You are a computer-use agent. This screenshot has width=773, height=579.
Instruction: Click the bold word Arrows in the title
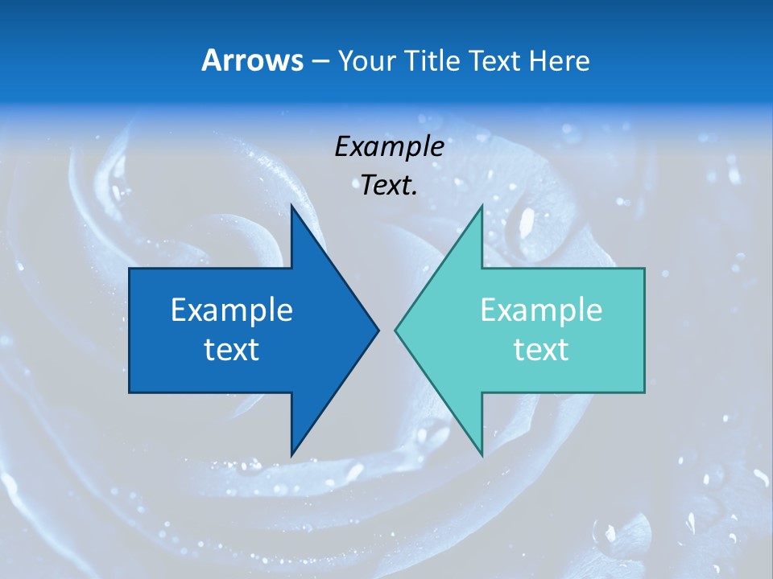click(252, 60)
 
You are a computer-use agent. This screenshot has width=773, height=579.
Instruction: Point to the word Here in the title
click(560, 60)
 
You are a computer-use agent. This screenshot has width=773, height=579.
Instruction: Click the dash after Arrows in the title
click(320, 61)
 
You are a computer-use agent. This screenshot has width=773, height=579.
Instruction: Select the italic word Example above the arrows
click(389, 146)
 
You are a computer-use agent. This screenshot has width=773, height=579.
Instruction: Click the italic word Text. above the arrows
click(389, 185)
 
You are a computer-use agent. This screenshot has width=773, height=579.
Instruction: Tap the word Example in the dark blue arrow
click(231, 310)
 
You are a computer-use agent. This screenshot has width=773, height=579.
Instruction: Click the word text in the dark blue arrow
click(231, 350)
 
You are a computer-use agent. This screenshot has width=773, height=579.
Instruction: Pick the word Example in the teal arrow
click(541, 310)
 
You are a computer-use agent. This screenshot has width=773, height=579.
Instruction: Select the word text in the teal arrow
click(541, 350)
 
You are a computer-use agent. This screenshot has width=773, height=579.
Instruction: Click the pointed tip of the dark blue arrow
click(378, 330)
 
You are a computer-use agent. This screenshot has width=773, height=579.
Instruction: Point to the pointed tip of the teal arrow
click(395, 330)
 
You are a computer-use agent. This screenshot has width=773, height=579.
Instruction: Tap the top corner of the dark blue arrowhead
click(291, 206)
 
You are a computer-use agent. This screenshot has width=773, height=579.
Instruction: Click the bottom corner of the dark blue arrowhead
click(291, 455)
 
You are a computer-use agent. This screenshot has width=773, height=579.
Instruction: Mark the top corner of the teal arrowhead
click(482, 206)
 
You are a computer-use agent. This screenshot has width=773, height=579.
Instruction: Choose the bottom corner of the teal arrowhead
click(482, 455)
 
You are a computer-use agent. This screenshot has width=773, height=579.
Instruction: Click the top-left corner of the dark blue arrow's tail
click(130, 269)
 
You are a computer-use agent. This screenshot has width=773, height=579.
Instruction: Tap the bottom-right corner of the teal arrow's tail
click(644, 392)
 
